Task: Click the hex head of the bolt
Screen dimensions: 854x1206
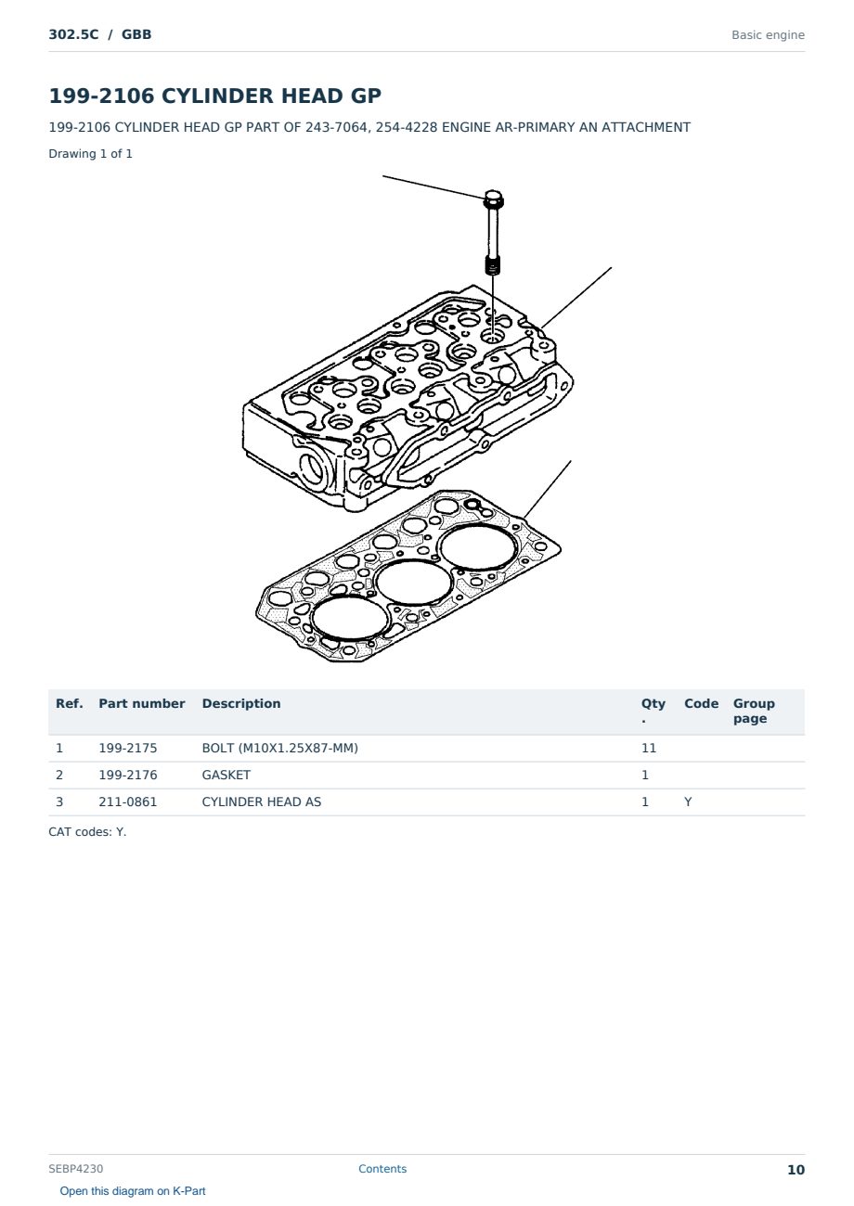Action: [x=494, y=199]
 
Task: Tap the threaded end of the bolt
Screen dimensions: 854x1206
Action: [x=493, y=265]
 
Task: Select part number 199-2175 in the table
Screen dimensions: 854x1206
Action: [x=128, y=748]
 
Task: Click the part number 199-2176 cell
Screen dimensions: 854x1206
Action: [x=128, y=775]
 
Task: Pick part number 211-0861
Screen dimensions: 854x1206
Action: [x=128, y=802]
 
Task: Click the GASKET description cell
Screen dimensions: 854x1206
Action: [x=226, y=775]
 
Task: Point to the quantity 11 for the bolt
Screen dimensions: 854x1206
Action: [x=649, y=748]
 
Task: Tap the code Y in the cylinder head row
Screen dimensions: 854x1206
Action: [x=688, y=802]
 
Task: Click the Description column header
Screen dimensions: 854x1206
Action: [x=241, y=703]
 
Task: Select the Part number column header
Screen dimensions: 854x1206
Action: [x=142, y=703]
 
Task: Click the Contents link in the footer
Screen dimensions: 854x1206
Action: [x=382, y=1169]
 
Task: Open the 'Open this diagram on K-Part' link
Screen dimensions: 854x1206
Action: [x=133, y=1191]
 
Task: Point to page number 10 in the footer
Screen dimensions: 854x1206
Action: [x=796, y=1170]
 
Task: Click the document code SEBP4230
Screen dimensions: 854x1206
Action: [x=76, y=1169]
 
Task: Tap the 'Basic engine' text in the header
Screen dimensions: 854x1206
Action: [x=768, y=35]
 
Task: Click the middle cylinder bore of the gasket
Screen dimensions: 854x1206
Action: [x=414, y=583]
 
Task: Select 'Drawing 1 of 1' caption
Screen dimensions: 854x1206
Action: [x=91, y=153]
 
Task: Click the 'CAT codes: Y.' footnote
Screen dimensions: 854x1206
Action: [x=87, y=832]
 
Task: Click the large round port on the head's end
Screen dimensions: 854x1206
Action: [x=314, y=467]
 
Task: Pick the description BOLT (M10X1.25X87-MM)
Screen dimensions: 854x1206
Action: [x=280, y=748]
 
